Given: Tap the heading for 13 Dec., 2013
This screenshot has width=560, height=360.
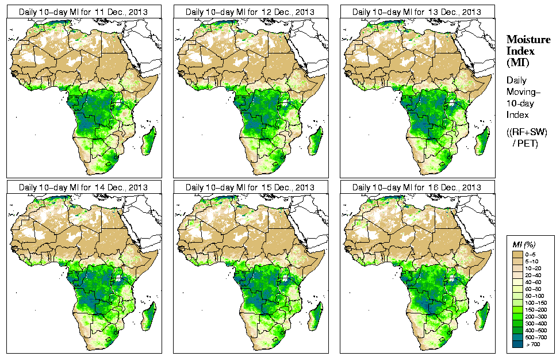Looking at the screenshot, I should (x=416, y=12).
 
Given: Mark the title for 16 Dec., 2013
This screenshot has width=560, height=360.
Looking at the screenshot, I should (x=416, y=187).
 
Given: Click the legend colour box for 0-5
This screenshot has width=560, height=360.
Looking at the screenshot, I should (x=517, y=254).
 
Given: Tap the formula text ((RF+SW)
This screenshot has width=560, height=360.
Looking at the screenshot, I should (x=527, y=132).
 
